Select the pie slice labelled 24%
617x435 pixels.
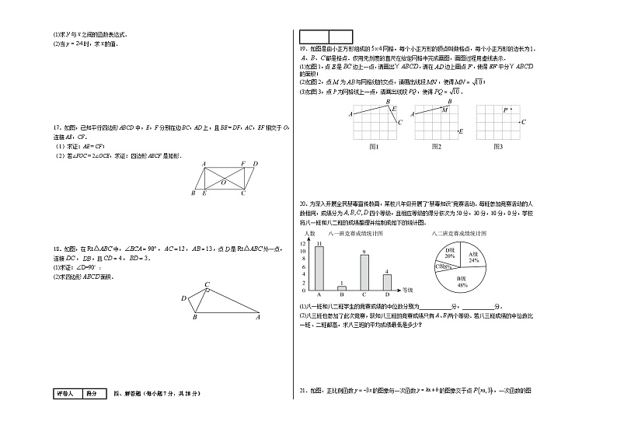(473, 257)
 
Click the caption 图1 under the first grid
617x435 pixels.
(373, 146)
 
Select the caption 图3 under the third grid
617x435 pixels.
(497, 146)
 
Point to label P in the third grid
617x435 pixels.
(504, 110)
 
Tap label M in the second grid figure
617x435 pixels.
(444, 110)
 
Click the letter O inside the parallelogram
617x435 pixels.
(224, 182)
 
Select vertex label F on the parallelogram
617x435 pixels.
(242, 164)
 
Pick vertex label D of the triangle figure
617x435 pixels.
(183, 298)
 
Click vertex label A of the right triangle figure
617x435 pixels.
(258, 316)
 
